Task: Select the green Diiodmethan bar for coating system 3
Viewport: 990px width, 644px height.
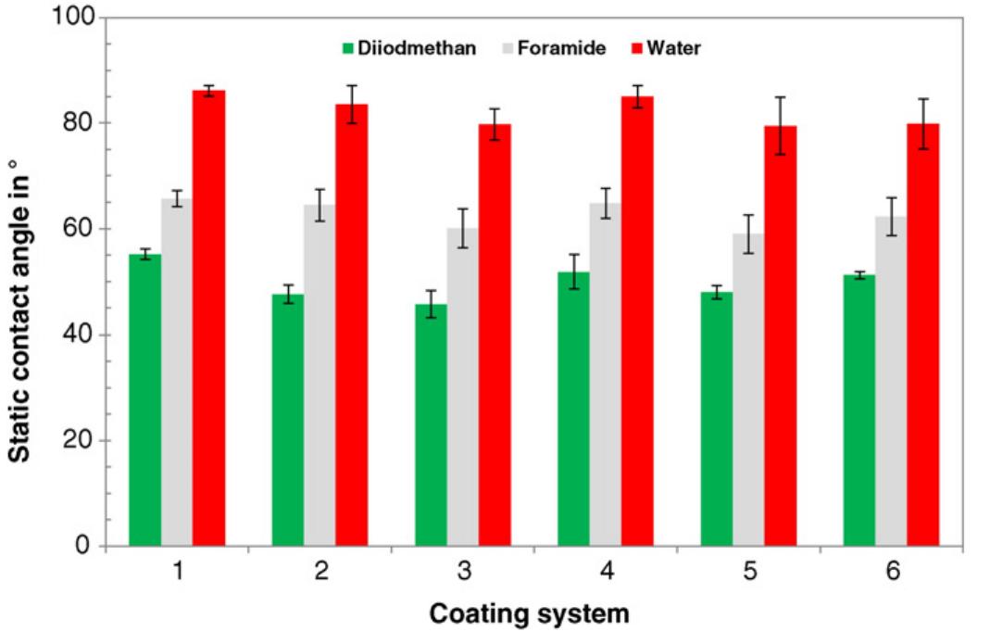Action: (431, 425)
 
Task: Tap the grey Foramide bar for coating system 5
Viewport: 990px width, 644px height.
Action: (748, 389)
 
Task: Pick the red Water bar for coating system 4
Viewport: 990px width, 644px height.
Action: (637, 321)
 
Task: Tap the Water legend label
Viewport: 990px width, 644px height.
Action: (673, 48)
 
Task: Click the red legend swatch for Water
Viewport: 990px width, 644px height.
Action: (634, 48)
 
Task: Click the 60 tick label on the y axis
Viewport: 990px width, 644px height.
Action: (80, 229)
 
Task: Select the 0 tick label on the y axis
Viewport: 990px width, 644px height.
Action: (85, 547)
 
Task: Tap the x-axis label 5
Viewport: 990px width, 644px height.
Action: (749, 572)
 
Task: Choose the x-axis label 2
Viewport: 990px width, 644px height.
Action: (320, 572)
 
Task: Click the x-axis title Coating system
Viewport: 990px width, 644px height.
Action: (529, 613)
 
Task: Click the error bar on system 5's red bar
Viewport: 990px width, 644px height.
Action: (780, 125)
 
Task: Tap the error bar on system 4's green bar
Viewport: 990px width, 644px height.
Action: (573, 271)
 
